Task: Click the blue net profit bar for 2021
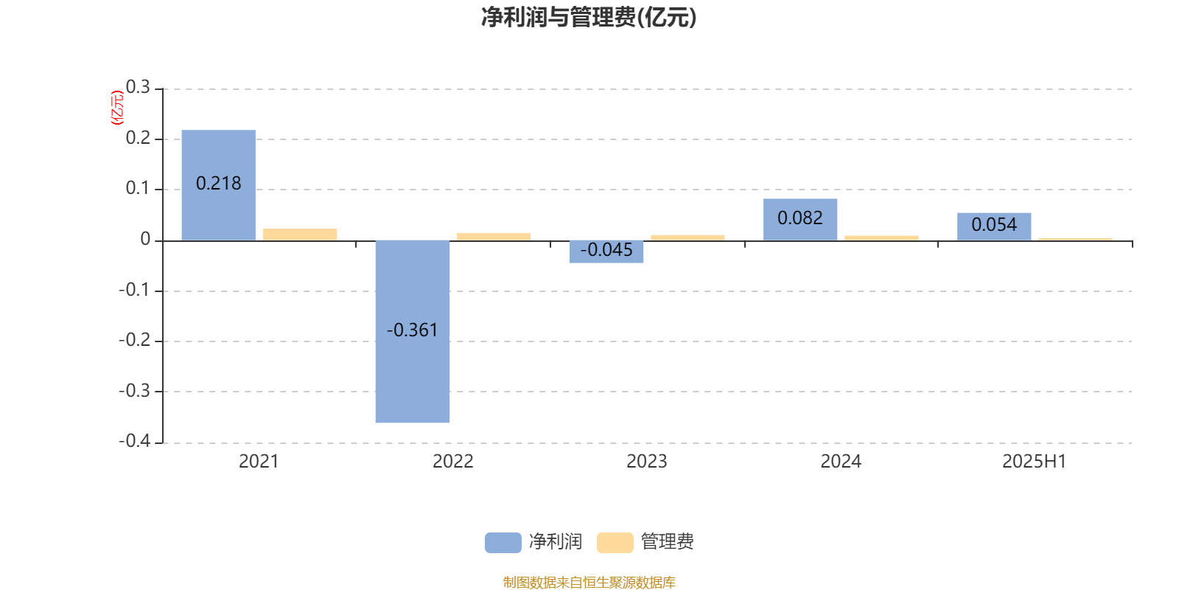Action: click(x=218, y=185)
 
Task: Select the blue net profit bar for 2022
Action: click(x=413, y=331)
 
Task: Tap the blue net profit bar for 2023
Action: click(x=606, y=251)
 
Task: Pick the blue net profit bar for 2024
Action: click(x=800, y=220)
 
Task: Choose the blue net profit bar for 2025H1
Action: click(x=994, y=227)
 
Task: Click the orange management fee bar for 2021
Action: click(x=300, y=235)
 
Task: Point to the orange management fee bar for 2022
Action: click(x=494, y=237)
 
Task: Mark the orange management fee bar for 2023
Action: click(x=688, y=238)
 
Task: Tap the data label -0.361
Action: click(x=412, y=330)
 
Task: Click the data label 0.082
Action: click(x=800, y=218)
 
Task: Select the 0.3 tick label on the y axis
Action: click(x=138, y=87)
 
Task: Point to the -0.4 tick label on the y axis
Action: click(x=135, y=441)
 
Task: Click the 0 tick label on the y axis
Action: click(x=145, y=240)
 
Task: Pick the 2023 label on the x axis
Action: click(x=647, y=462)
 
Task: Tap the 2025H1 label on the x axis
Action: click(x=1035, y=462)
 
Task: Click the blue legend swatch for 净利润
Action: click(x=503, y=543)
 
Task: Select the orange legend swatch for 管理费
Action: click(x=615, y=543)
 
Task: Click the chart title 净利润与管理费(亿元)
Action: click(x=589, y=18)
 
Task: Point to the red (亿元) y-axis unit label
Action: click(x=117, y=108)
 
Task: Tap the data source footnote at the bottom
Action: click(x=589, y=583)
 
